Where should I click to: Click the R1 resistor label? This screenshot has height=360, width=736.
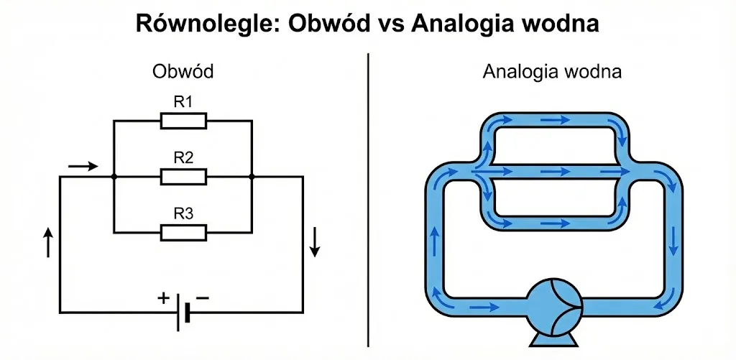click(x=183, y=102)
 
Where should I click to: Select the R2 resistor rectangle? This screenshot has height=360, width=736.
click(x=183, y=177)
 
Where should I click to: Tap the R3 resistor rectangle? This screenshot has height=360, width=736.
click(x=183, y=232)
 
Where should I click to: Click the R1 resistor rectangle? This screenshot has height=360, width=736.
click(x=183, y=121)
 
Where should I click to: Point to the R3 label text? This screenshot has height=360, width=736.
click(x=183, y=214)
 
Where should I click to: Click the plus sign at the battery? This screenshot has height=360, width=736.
click(x=164, y=298)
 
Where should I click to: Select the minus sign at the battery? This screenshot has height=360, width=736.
click(x=202, y=297)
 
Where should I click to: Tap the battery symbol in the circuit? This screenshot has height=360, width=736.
click(x=183, y=312)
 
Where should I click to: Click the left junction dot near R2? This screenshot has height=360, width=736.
click(x=114, y=177)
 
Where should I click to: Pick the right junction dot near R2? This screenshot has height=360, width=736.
click(x=252, y=177)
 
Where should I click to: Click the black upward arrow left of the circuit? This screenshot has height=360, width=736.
click(x=48, y=242)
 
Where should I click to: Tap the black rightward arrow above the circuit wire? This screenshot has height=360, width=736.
click(x=83, y=166)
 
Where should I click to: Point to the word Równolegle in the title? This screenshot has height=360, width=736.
click(x=208, y=24)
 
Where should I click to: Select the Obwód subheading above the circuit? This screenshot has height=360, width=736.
click(x=183, y=71)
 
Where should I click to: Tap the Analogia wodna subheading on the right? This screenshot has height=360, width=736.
click(x=552, y=71)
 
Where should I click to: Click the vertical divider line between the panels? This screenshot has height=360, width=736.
click(x=369, y=200)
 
